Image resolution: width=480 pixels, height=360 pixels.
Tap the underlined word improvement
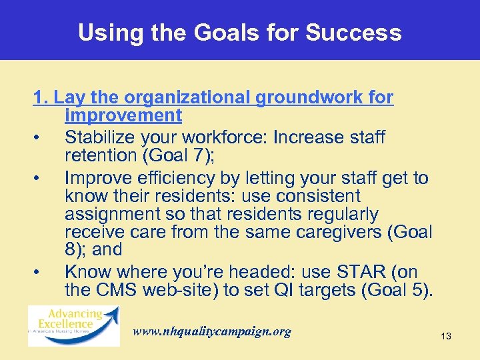[x=123, y=115]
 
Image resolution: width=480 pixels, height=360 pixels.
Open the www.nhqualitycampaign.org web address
[x=212, y=331]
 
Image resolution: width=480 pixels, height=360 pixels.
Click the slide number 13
[x=445, y=337]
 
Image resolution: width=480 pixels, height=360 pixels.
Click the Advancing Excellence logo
[x=73, y=326]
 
